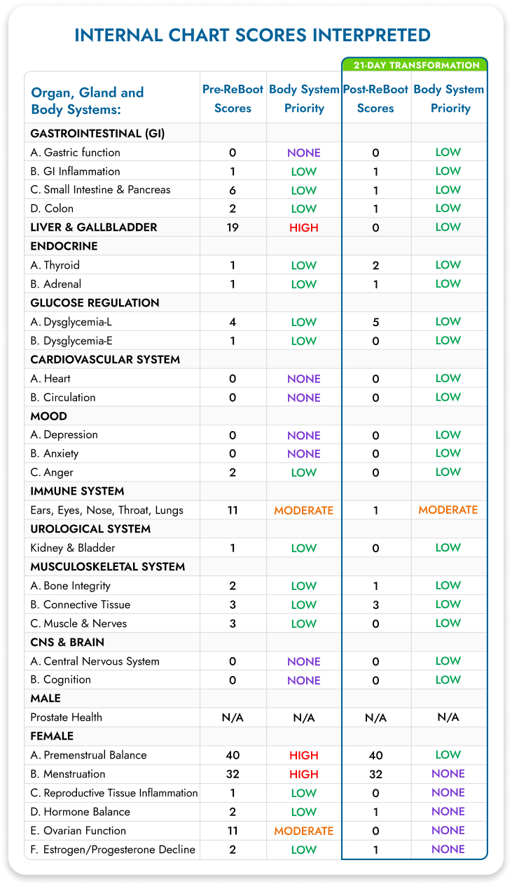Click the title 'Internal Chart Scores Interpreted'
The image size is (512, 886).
coord(252,35)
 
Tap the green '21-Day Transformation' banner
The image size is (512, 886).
coord(414,65)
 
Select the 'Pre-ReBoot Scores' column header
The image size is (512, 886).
coord(233,99)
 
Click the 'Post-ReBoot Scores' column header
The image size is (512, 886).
coord(375,99)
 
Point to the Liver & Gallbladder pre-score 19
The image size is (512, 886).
coord(233,227)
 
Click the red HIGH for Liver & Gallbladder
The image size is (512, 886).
coord(304,227)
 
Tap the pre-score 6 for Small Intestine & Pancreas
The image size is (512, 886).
coord(233,190)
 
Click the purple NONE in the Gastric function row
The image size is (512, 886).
coord(304,153)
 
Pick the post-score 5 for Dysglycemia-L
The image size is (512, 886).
coord(375,322)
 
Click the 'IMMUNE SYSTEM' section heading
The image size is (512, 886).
coord(77,491)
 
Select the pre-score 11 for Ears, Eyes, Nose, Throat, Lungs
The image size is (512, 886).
coord(233,510)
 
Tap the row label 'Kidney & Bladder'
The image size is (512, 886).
coord(73,548)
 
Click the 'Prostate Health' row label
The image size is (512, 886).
coord(67,717)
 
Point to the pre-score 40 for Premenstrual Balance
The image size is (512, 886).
coord(233,755)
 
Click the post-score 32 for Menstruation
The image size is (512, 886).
coord(375,774)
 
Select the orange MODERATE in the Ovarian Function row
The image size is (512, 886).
coord(304,831)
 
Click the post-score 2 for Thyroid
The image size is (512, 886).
coord(375,265)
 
